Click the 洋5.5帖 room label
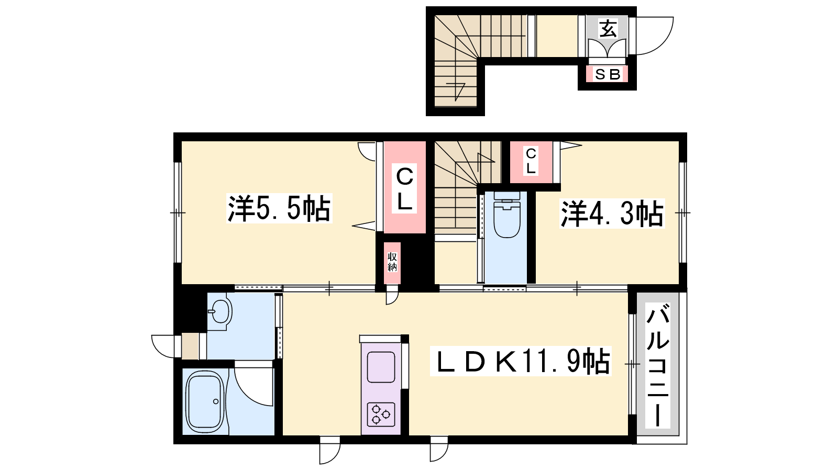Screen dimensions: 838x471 279,208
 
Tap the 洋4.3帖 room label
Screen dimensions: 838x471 612,213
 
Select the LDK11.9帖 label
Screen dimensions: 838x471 521,361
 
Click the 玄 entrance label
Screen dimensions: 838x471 608,28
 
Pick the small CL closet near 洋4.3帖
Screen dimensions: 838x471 531,161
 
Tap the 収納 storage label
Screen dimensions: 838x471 392,262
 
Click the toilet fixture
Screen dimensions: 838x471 507,215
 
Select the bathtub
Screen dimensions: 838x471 205,402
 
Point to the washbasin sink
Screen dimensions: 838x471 220,311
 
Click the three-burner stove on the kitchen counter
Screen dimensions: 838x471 381,414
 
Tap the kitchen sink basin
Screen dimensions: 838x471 381,367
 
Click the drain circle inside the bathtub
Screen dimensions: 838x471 216,401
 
